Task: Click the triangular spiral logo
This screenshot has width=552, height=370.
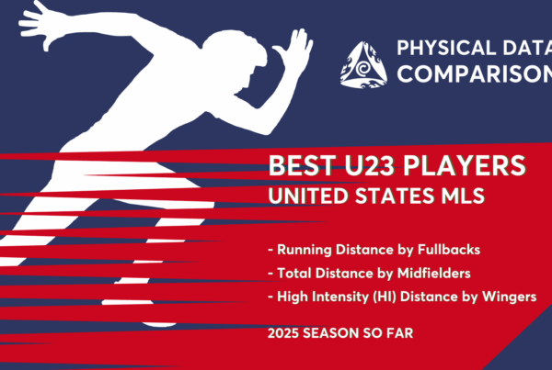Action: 363,65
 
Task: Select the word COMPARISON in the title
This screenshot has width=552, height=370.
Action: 475,73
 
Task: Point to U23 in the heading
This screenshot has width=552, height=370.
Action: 370,165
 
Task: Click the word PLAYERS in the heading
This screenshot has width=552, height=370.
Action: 465,165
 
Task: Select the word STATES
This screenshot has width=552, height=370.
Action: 395,196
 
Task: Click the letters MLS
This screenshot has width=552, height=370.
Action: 463,196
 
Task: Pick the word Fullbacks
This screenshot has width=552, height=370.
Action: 449,250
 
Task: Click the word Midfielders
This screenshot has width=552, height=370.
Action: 433,273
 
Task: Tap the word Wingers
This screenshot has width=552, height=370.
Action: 509,297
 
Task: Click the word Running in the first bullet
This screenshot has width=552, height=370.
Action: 305,250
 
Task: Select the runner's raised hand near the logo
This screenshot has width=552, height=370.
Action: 294,50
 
